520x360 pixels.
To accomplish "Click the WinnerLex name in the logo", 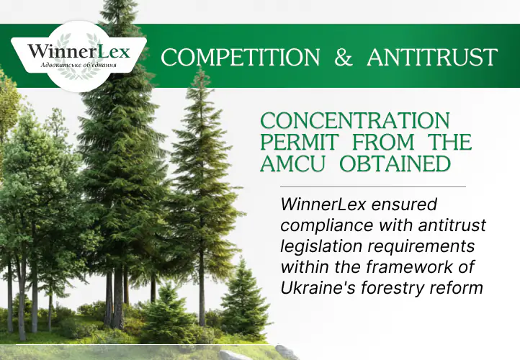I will [79, 51].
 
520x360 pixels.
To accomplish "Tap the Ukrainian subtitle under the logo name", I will [79, 66].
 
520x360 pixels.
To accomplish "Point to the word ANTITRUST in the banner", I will [432, 58].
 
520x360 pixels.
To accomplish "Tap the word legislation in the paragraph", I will [315, 247].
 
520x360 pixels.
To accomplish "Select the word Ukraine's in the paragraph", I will [315, 288].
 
